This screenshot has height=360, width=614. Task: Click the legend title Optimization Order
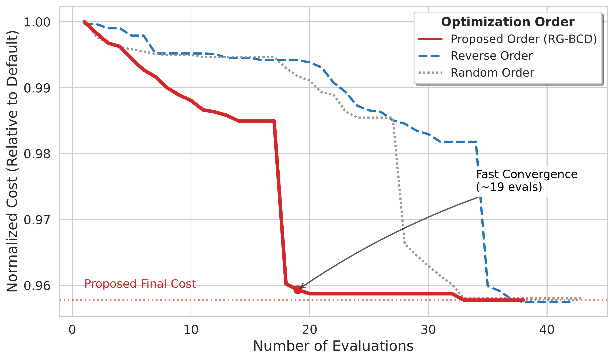pyautogui.click(x=508, y=22)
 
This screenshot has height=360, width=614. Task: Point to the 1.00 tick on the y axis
pyautogui.click(x=37, y=22)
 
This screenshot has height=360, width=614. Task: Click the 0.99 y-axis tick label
pyautogui.click(x=37, y=88)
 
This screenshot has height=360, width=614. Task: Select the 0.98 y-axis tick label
pyautogui.click(x=37, y=154)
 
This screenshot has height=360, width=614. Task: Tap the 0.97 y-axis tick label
pyautogui.click(x=37, y=220)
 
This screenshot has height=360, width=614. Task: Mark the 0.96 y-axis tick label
pyautogui.click(x=37, y=286)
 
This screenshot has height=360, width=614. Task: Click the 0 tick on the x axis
pyautogui.click(x=72, y=329)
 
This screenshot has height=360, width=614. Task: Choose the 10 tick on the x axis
pyautogui.click(x=191, y=329)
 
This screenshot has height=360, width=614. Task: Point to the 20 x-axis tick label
pyautogui.click(x=309, y=329)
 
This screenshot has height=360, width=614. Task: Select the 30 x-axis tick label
pyautogui.click(x=428, y=329)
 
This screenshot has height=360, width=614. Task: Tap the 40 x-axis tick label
pyautogui.click(x=547, y=329)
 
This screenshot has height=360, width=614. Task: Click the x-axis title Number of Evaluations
pyautogui.click(x=333, y=346)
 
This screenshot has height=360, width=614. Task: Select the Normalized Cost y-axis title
pyautogui.click(x=13, y=161)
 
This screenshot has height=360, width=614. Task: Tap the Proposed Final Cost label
pyautogui.click(x=140, y=284)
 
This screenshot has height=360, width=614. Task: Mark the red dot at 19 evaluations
pyautogui.click(x=298, y=290)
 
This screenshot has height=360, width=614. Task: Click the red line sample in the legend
pyautogui.click(x=430, y=39)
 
